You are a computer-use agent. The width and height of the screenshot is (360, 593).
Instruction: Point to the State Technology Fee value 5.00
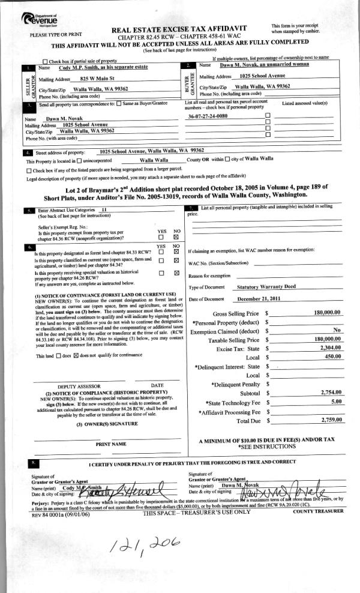point(336,401)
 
